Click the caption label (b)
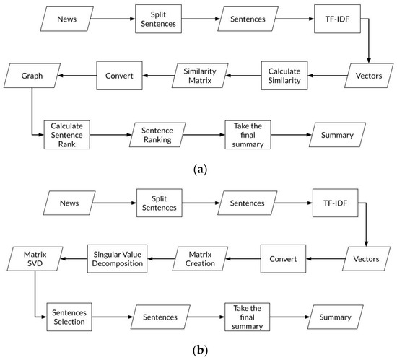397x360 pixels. coord(198,351)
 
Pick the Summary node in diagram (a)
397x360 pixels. coord(336,135)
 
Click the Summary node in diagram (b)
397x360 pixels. coord(336,318)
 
